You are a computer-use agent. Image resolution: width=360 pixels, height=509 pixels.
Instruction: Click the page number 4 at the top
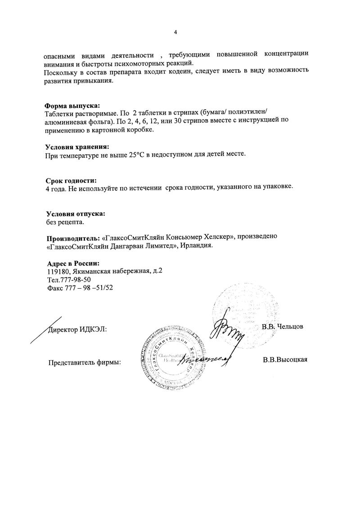click(176, 32)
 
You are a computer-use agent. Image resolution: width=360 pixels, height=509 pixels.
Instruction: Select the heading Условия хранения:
click(77, 147)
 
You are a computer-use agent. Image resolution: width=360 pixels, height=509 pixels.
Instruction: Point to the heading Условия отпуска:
click(76, 213)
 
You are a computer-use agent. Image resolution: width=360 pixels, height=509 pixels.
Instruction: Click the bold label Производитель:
click(73, 238)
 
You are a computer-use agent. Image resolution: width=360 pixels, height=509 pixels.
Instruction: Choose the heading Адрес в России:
click(73, 263)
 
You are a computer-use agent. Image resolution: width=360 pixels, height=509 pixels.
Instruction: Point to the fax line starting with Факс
click(80, 288)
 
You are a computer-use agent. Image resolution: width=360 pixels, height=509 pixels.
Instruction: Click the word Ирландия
click(197, 246)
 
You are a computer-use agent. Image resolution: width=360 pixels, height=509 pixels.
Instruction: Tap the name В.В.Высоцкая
click(285, 360)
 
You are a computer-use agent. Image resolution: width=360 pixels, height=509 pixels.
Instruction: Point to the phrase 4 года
click(56, 188)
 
